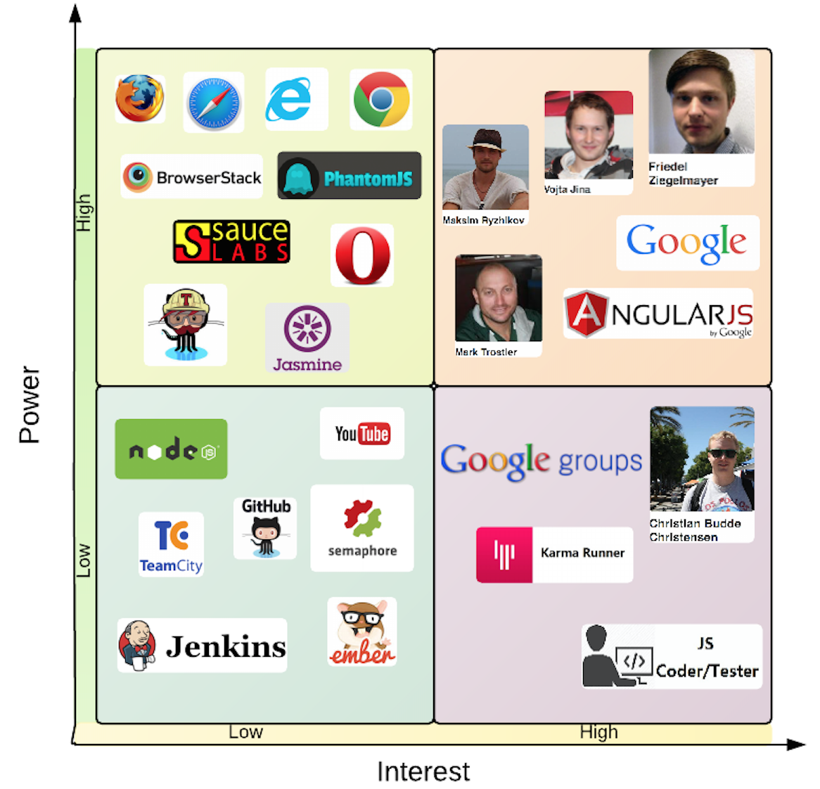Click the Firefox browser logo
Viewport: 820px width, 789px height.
pyautogui.click(x=140, y=98)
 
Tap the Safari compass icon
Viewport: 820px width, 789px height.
pyautogui.click(x=214, y=103)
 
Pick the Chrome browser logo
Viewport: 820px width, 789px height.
pyautogui.click(x=381, y=99)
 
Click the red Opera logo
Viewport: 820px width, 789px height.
pyautogui.click(x=362, y=255)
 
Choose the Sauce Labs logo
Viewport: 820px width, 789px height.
pyautogui.click(x=231, y=242)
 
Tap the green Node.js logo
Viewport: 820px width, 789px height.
pyautogui.click(x=172, y=449)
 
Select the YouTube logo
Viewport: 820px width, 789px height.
pyautogui.click(x=362, y=434)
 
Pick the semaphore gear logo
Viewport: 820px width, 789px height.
pyautogui.click(x=362, y=519)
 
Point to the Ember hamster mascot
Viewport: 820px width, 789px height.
pyautogui.click(x=362, y=630)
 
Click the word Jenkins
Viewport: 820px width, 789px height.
pyautogui.click(x=226, y=646)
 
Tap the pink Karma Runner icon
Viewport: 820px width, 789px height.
pyautogui.click(x=504, y=555)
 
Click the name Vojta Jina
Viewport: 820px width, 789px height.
pyautogui.click(x=567, y=189)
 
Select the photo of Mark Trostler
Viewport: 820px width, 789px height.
pyautogui.click(x=499, y=298)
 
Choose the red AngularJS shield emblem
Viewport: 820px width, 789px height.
pyautogui.click(x=586, y=314)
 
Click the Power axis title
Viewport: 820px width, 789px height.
pyautogui.click(x=30, y=404)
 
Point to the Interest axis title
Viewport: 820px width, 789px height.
pyautogui.click(x=423, y=771)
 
